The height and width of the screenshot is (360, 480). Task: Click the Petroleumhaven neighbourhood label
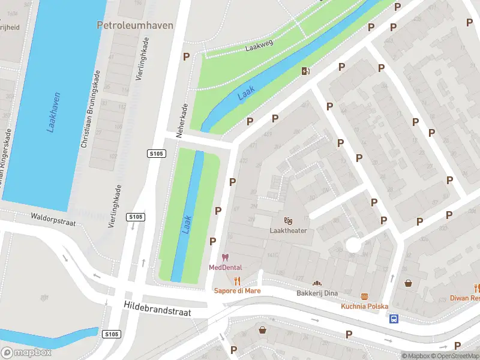coord(135,25)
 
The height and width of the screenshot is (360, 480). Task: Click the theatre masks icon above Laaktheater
coord(288,221)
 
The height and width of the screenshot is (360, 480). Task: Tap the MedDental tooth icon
coord(226,257)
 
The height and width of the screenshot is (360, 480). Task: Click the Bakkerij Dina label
coord(317,293)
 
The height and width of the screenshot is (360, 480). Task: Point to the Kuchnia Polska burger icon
coord(364,296)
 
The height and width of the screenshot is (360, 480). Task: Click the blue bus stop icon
coord(394,319)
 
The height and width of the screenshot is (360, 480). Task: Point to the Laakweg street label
coord(259,46)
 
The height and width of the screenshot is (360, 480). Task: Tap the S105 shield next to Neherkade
coord(156,154)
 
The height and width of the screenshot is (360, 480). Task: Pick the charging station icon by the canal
coord(306,71)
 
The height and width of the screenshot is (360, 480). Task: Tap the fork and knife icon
coord(238,281)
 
